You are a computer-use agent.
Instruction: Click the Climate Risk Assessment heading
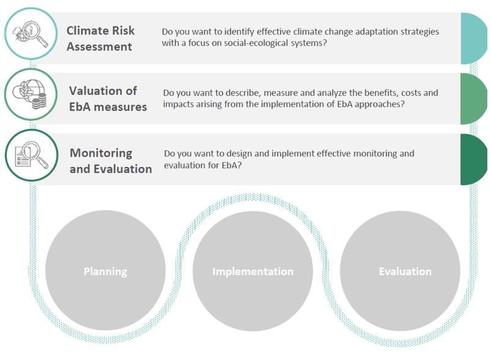[100, 39]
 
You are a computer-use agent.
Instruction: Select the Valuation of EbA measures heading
[108, 98]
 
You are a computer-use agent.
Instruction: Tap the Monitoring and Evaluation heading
[111, 161]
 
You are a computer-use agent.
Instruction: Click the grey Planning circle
[105, 270]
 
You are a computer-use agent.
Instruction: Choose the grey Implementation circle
[253, 271]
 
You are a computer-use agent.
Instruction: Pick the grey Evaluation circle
[400, 271]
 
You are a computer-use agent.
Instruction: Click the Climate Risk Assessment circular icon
[31, 34]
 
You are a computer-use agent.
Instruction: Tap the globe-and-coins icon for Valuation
[31, 95]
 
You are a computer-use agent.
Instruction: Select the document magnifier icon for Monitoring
[32, 155]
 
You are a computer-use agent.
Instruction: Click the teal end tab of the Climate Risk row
[473, 39]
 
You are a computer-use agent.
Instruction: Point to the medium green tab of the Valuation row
[473, 99]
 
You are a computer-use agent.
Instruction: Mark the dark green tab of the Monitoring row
[473, 160]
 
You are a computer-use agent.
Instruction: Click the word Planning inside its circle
[106, 271]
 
